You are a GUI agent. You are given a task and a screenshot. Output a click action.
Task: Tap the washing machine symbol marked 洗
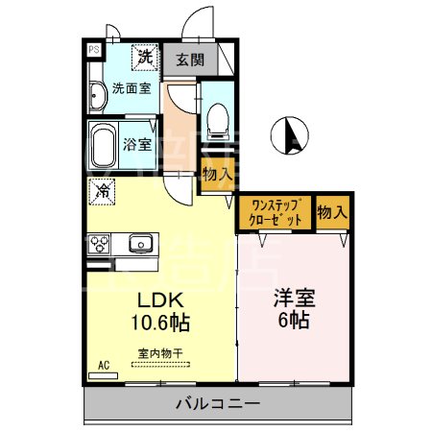point(143,57)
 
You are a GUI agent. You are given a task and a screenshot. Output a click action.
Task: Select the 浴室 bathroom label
point(138,146)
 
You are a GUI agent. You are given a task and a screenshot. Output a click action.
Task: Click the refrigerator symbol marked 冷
point(102,191)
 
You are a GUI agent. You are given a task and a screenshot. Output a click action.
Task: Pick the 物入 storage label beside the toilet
point(216,175)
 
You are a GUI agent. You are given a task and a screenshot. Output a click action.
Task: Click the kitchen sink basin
point(141,243)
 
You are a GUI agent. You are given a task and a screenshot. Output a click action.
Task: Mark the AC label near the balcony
point(104,366)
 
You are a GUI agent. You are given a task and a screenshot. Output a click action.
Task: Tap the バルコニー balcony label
point(217,404)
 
